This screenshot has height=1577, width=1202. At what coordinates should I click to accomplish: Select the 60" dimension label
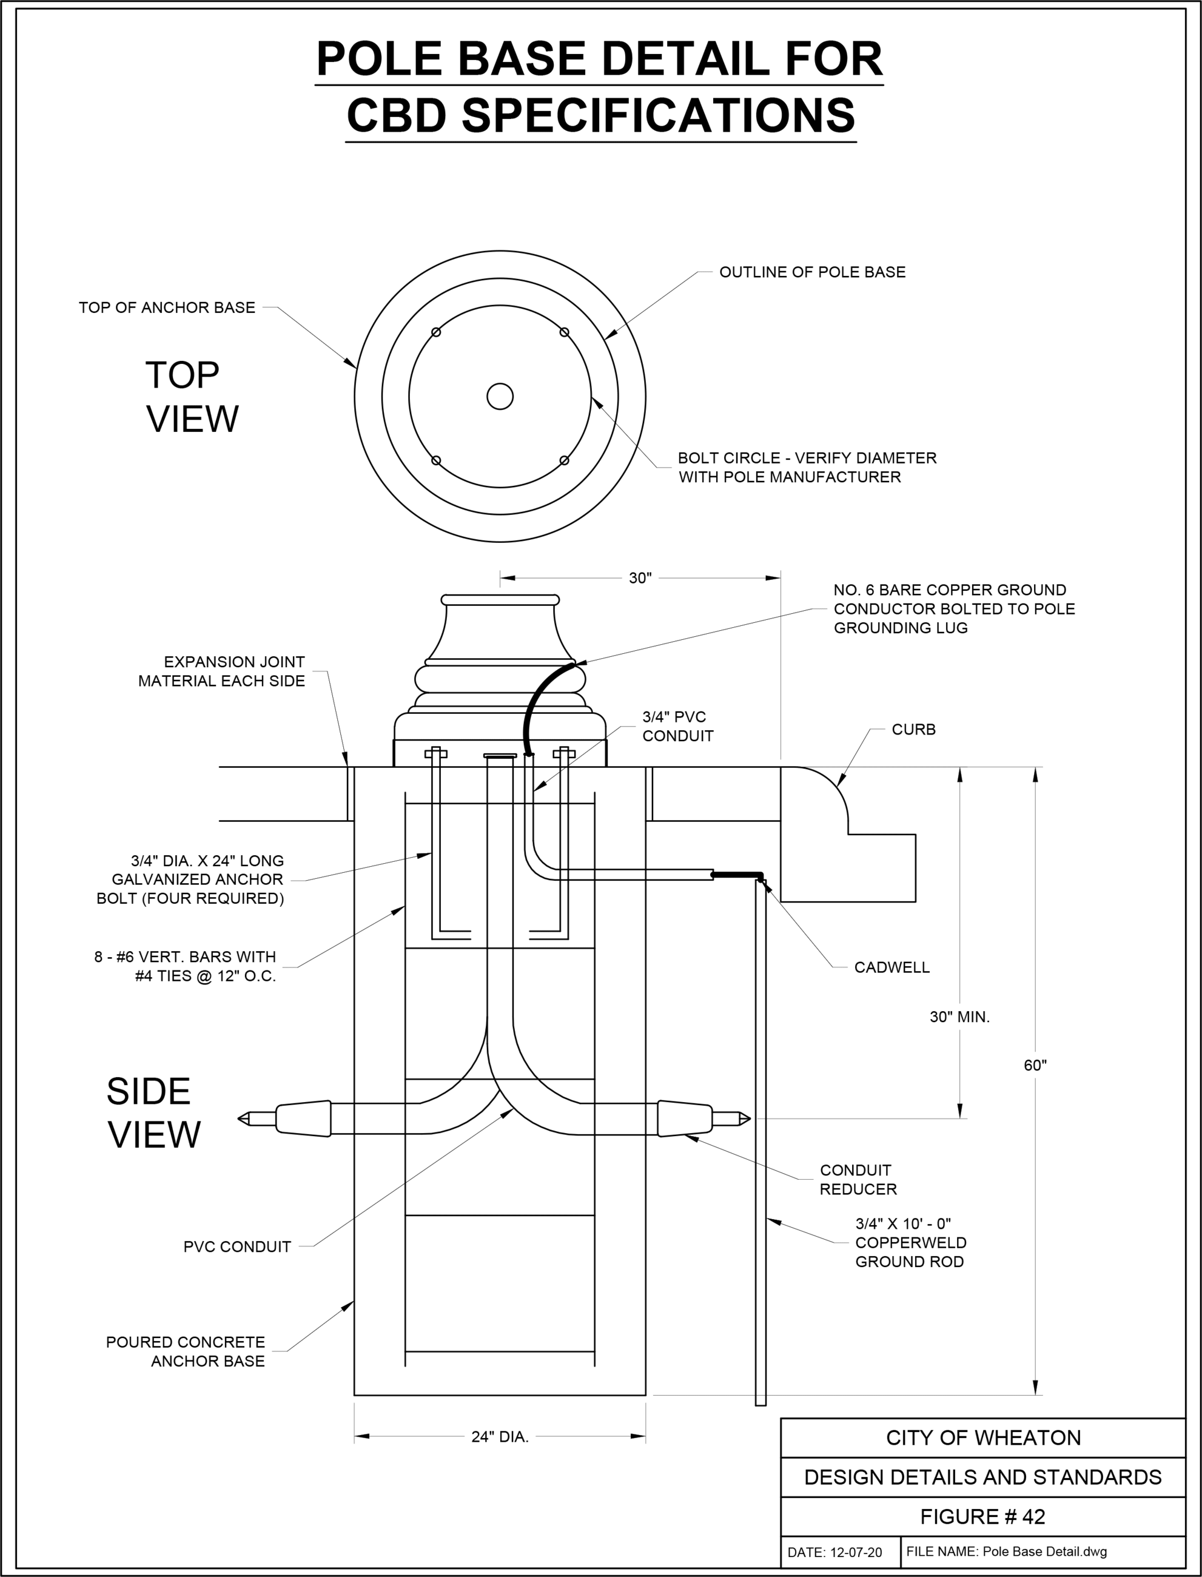(1035, 1066)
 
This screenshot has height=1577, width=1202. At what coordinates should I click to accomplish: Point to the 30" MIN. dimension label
(959, 1017)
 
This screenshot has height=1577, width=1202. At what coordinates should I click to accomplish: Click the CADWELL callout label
(891, 967)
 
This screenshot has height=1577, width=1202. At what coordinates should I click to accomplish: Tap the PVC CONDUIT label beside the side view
(237, 1246)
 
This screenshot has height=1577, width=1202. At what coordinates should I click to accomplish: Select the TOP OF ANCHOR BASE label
(167, 308)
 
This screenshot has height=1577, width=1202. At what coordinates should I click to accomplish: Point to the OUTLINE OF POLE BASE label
(812, 272)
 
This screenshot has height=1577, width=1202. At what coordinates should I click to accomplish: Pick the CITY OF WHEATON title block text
(982, 1437)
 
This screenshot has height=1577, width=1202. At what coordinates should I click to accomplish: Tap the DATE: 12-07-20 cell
(834, 1553)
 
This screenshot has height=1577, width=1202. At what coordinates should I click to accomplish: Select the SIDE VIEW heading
(153, 1112)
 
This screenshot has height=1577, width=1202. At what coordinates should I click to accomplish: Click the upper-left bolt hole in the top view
(435, 332)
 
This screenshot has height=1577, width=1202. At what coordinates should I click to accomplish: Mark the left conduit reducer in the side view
(303, 1118)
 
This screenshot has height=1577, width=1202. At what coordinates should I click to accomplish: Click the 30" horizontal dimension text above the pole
(640, 578)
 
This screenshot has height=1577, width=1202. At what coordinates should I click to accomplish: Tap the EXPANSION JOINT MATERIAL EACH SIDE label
(221, 671)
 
